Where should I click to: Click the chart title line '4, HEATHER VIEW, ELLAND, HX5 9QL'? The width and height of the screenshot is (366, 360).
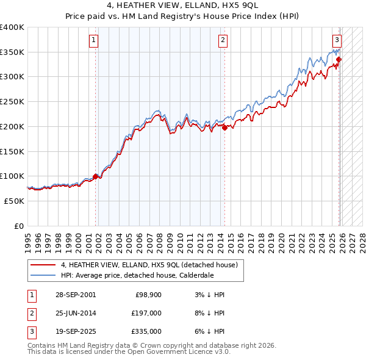click(183, 7)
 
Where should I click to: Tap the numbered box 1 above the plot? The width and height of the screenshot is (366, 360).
click(94, 41)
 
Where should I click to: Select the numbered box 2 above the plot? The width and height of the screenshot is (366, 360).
click(223, 41)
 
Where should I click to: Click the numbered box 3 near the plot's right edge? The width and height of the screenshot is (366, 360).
click(337, 41)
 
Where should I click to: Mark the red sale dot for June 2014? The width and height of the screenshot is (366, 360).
click(224, 128)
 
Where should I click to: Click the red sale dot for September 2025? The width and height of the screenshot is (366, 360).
click(339, 59)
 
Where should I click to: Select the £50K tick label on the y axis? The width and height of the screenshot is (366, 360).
click(15, 201)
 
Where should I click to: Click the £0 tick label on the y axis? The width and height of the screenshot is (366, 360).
click(19, 226)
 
